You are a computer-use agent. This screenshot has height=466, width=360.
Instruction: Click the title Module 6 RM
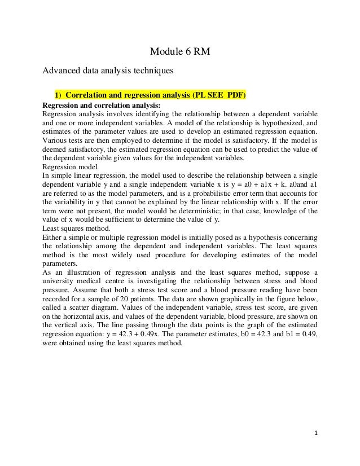(x=179, y=53)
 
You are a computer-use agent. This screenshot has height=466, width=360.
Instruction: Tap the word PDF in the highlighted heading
(x=236, y=94)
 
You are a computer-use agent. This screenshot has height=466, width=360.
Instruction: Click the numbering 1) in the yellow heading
(x=59, y=94)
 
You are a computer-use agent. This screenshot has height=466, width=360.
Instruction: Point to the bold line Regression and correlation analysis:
(x=102, y=104)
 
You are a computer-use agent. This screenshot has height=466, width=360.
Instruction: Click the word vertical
(x=69, y=326)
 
